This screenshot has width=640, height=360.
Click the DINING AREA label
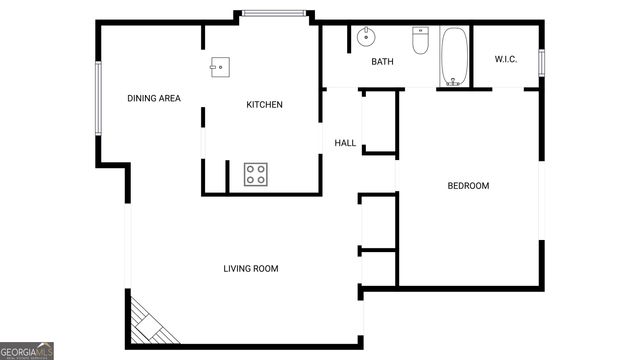pyautogui.click(x=153, y=98)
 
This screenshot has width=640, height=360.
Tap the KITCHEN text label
pyautogui.click(x=265, y=105)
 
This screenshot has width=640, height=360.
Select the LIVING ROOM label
pyautogui.click(x=250, y=268)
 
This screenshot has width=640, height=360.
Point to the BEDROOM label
pyautogui.click(x=467, y=186)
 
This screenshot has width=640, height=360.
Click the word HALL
pyautogui.click(x=345, y=143)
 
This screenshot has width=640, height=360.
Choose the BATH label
pyautogui.click(x=383, y=62)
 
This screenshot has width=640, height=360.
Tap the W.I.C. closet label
pyautogui.click(x=505, y=59)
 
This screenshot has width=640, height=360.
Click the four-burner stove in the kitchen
pyautogui.click(x=256, y=174)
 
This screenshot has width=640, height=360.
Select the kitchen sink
pyautogui.click(x=219, y=66)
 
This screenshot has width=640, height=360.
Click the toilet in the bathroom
pyautogui.click(x=421, y=43)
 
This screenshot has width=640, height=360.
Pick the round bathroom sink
pyautogui.click(x=365, y=38)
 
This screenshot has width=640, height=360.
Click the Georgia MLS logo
pyautogui.click(x=27, y=351)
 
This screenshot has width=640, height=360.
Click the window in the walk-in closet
pyautogui.click(x=541, y=61)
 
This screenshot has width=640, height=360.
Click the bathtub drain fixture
pyautogui.click(x=454, y=81)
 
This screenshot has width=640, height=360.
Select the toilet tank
pyautogui.click(x=421, y=32)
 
